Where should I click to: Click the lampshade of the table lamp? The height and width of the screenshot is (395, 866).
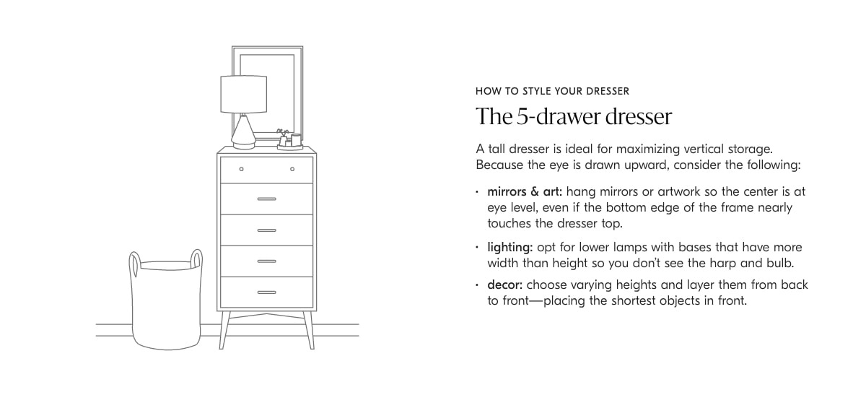click(x=244, y=94)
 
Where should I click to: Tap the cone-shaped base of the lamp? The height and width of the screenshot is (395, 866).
click(x=244, y=131)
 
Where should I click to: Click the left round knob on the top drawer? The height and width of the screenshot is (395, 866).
click(x=242, y=169)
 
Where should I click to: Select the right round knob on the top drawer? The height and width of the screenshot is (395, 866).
click(x=292, y=169)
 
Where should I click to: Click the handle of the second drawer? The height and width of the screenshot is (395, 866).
click(x=267, y=199)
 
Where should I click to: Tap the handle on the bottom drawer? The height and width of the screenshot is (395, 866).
click(x=267, y=292)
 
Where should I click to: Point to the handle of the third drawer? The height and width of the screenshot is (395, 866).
click(x=267, y=230)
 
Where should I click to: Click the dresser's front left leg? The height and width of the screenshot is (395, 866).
click(x=224, y=330)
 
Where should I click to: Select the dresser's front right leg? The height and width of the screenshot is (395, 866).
click(x=309, y=330)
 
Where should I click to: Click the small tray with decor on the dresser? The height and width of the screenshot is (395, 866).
click(x=290, y=147)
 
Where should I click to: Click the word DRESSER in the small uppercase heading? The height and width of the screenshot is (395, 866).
click(x=608, y=91)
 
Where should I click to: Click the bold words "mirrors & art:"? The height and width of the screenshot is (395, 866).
click(x=525, y=191)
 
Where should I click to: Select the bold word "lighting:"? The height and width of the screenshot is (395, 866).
click(x=510, y=247)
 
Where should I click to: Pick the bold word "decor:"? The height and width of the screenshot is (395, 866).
click(x=505, y=285)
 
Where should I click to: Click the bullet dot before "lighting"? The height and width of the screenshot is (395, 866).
click(x=477, y=247)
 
